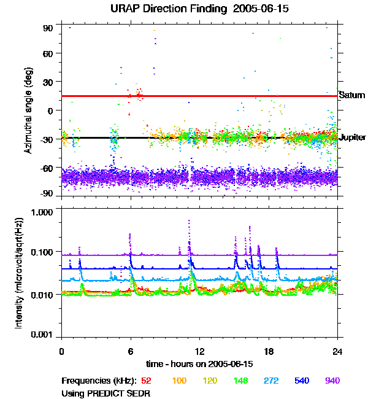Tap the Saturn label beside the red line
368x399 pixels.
coord(352,95)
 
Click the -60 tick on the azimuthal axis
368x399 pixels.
coord(47,167)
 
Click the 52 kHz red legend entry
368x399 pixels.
coord(146,381)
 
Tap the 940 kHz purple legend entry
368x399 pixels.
coord(332,381)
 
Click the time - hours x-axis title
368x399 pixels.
coord(199,363)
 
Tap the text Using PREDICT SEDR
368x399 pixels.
coord(106,393)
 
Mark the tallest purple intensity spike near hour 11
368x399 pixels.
coord(189,220)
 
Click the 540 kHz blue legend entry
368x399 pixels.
coord(301,381)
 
